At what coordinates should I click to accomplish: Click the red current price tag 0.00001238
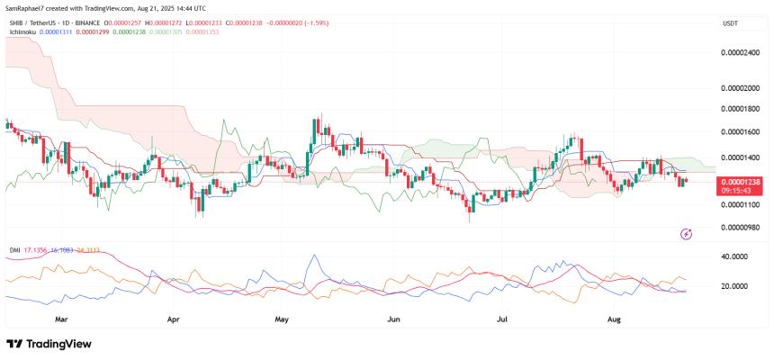pyautogui.click(x=741, y=182)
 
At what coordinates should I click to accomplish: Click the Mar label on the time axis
pyautogui.click(x=61, y=319)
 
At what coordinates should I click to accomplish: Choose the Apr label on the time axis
pyautogui.click(x=173, y=319)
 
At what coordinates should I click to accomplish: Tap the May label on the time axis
pyautogui.click(x=282, y=319)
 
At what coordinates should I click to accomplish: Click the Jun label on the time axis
pyautogui.click(x=392, y=319)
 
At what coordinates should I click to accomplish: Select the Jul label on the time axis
pyautogui.click(x=500, y=319)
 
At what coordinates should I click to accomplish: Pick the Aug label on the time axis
pyautogui.click(x=615, y=319)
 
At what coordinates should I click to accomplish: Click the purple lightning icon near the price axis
pyautogui.click(x=687, y=234)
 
